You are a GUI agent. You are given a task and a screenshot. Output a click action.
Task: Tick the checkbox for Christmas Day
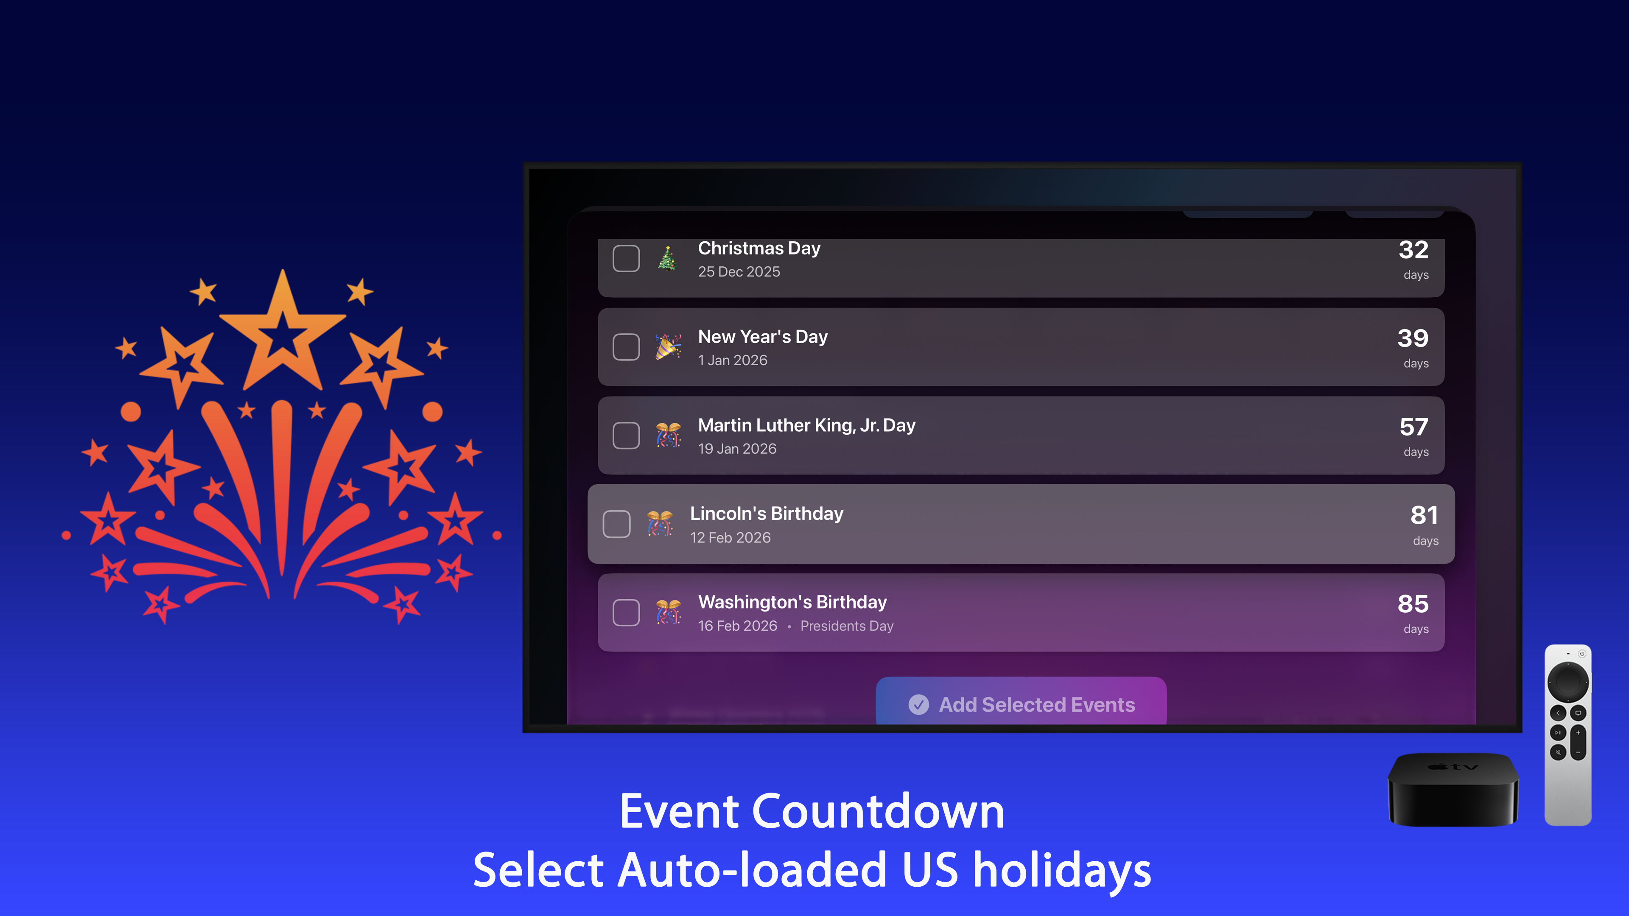pyautogui.click(x=626, y=259)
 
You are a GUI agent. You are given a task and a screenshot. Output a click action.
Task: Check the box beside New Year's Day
pyautogui.click(x=626, y=347)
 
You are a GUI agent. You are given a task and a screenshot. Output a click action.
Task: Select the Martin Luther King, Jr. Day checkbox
pyautogui.click(x=626, y=436)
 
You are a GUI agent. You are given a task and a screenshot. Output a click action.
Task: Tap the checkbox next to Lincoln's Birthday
pyautogui.click(x=616, y=524)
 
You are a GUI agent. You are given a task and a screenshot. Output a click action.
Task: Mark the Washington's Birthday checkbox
pyautogui.click(x=626, y=612)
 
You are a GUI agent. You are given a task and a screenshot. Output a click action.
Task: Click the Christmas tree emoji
pyautogui.click(x=668, y=259)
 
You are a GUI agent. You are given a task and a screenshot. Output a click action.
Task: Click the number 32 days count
pyautogui.click(x=1413, y=250)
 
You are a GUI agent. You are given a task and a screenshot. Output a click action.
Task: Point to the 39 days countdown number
pyautogui.click(x=1413, y=339)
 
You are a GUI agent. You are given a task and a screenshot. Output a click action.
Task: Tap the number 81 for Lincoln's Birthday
pyautogui.click(x=1424, y=516)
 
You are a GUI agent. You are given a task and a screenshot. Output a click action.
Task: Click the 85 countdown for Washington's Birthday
pyautogui.click(x=1413, y=604)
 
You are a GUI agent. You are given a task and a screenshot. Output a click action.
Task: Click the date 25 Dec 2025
pyautogui.click(x=739, y=272)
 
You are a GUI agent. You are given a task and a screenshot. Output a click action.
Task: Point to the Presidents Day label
pyautogui.click(x=847, y=626)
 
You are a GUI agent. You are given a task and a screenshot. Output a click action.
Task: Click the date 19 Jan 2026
pyautogui.click(x=737, y=449)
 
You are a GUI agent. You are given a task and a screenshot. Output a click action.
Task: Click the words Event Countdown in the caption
pyautogui.click(x=812, y=811)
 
